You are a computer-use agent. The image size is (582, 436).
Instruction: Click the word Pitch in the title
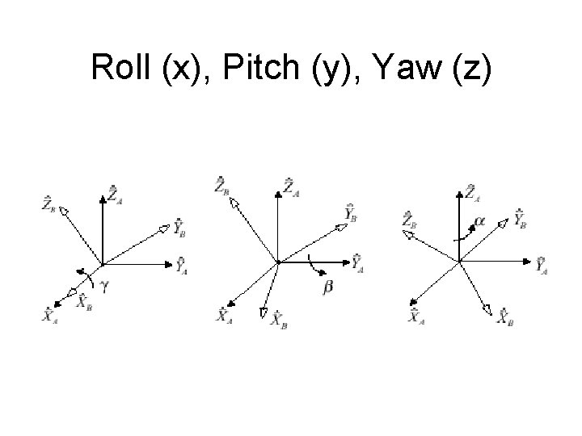[x=264, y=68]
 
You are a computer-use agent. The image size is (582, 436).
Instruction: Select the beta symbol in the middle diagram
[x=328, y=286]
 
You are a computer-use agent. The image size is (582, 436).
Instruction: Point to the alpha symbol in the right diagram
[x=479, y=220]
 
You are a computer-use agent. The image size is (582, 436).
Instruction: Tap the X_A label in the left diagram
[x=51, y=314]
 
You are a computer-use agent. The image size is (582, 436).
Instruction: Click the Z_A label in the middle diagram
[x=289, y=187]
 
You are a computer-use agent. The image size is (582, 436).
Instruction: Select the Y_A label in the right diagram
[x=542, y=264]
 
